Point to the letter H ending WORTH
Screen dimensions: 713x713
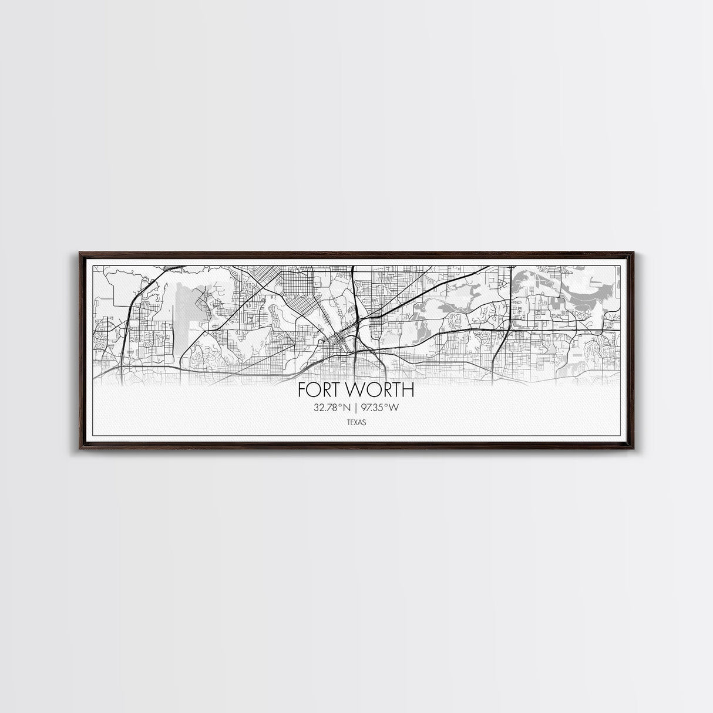pos(408,391)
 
